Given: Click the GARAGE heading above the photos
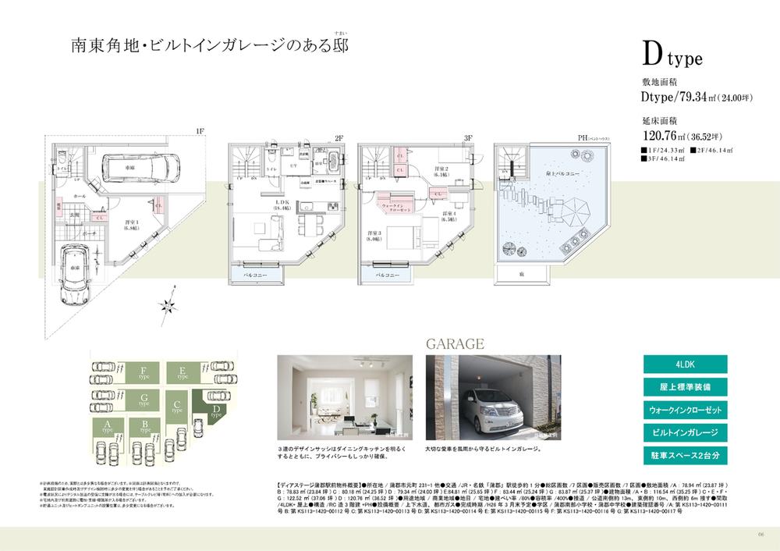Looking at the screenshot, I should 456,343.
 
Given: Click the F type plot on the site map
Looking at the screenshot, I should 143,372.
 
